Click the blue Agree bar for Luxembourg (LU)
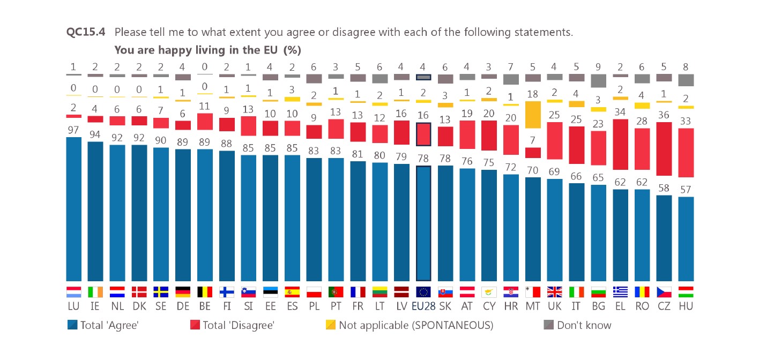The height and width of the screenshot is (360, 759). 74,209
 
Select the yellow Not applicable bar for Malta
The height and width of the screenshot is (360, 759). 533,115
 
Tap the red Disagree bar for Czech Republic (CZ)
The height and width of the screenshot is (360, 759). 664,148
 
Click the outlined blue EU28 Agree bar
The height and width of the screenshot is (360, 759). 423,223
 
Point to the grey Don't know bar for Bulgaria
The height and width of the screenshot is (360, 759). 598,80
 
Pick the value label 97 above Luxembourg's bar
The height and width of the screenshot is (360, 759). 74,130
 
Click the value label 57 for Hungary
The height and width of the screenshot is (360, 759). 686,190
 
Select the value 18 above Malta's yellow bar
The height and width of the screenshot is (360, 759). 533,94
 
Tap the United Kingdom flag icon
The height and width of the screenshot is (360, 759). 555,292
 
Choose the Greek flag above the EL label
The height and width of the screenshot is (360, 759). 620,292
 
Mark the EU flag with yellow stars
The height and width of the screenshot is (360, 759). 423,292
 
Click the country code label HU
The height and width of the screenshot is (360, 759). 686,307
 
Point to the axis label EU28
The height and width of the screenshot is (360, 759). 423,307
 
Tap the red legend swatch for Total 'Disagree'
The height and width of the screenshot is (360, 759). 195,325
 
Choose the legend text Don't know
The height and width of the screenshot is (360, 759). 584,325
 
